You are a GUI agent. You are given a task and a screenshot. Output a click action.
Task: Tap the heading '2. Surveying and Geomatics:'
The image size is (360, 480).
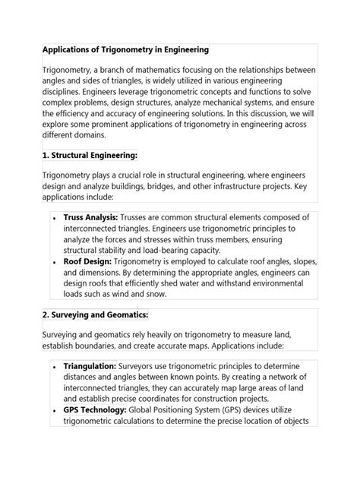click(94, 314)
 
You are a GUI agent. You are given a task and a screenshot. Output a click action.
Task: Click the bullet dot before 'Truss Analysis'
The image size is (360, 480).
click(55, 218)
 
